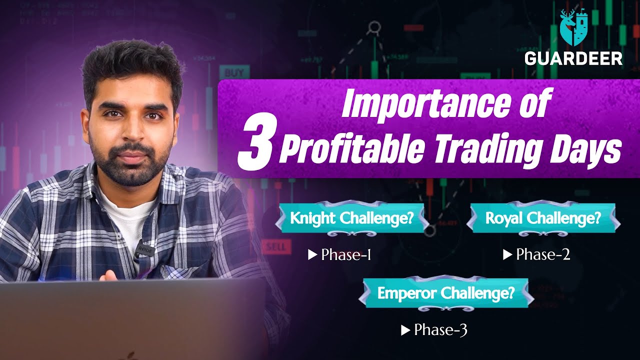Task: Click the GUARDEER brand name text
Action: point(573,58)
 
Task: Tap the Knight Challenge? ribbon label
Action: point(351,218)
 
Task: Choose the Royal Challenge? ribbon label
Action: point(543,218)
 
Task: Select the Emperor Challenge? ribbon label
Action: point(445,293)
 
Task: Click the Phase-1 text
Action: point(346,255)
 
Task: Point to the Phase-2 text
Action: point(543,255)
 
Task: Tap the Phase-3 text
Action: point(440,330)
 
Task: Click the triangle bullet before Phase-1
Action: point(312,255)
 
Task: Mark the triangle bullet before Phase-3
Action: point(405,330)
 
